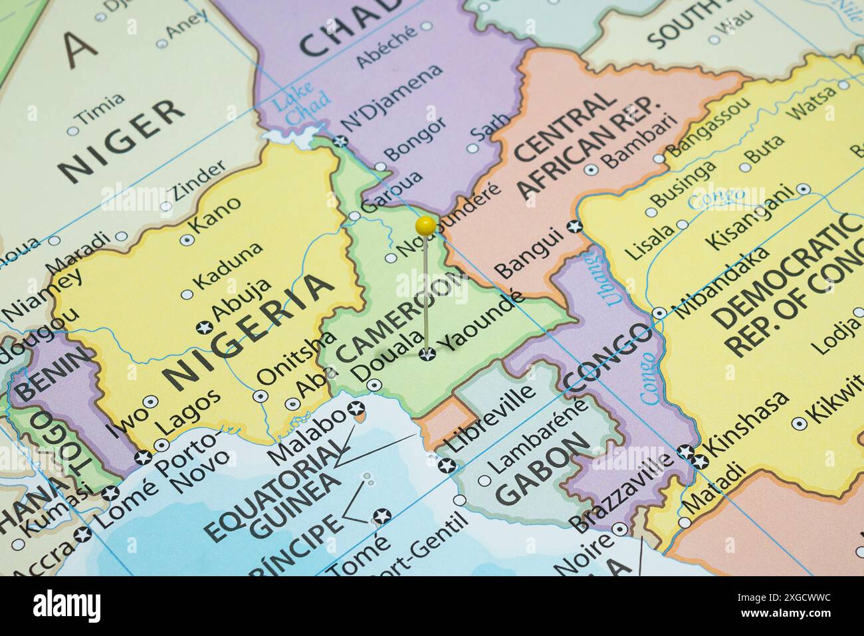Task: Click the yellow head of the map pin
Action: [x=425, y=226]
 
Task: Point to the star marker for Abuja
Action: [x=204, y=327]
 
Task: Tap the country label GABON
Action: [x=542, y=469]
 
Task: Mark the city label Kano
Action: [x=215, y=217]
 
